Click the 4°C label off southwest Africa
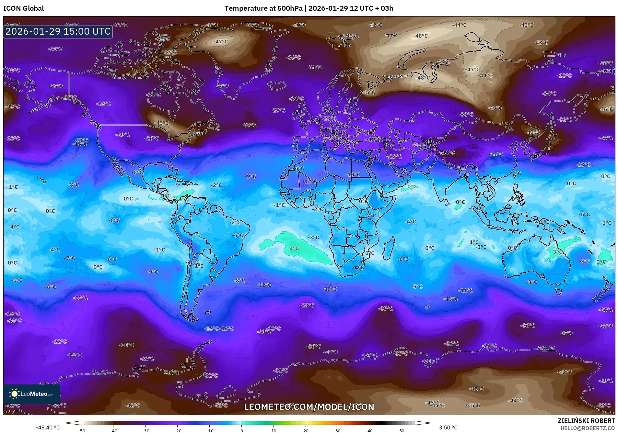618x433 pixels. [294, 249]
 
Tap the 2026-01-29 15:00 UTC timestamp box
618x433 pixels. [58, 31]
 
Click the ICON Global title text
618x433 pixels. [23, 8]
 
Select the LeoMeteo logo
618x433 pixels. [32, 394]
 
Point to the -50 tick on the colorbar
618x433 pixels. [81, 430]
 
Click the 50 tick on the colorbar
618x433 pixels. [402, 430]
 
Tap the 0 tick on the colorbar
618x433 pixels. [242, 430]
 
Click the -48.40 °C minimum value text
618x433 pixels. [48, 427]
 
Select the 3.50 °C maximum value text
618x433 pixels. [448, 427]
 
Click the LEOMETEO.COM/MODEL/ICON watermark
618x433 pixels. [309, 407]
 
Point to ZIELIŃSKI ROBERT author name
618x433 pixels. [586, 421]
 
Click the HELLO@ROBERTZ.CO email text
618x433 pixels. [588, 428]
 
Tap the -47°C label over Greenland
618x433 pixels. [220, 42]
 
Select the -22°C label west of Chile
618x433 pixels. [81, 298]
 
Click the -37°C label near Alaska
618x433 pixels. [70, 97]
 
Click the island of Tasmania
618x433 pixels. [558, 292]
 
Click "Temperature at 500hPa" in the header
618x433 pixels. [263, 8]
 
